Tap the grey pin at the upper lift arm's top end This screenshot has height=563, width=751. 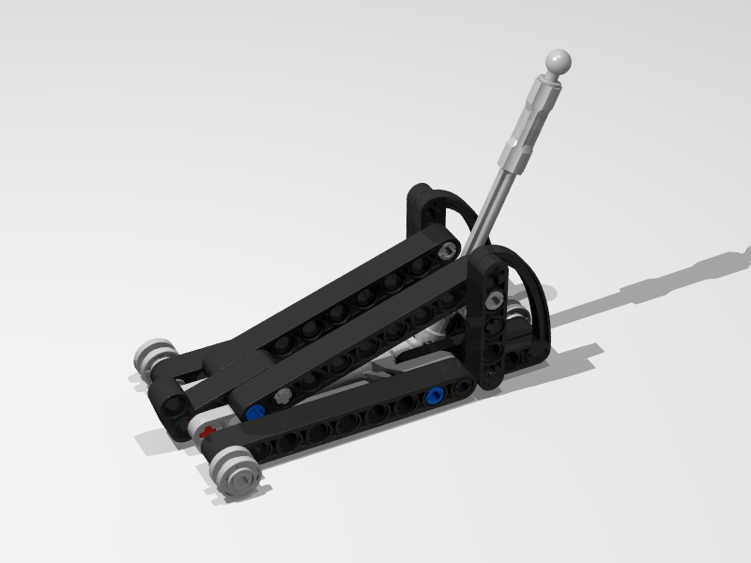(449, 249)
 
